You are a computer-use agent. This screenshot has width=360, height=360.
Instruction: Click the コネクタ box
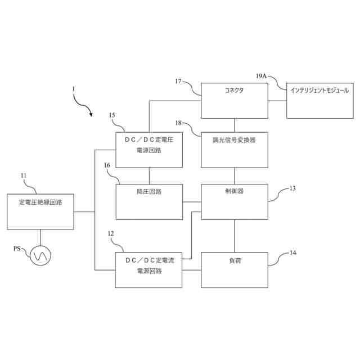point(235,101)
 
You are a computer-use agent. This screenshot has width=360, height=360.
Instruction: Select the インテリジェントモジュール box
point(319,101)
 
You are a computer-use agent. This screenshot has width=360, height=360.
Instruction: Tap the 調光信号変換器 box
point(235,150)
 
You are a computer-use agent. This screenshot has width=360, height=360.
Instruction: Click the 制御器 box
point(235,201)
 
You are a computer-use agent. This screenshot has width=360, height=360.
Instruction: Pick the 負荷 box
point(235,270)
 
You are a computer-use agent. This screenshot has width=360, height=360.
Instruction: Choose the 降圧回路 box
point(149,201)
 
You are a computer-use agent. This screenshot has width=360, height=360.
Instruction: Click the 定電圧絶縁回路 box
point(40,211)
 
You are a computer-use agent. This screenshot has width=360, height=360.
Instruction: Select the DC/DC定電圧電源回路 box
point(149,150)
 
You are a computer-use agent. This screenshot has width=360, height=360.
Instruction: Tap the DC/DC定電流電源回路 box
point(149,270)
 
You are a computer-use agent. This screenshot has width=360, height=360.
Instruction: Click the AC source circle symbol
point(40,256)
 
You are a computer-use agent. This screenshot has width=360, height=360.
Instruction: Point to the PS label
point(18,248)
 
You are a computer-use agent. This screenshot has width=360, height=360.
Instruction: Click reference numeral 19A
point(262,75)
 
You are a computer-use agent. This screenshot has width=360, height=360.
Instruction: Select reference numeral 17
point(178,82)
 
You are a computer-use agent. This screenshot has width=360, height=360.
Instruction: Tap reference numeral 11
point(24,175)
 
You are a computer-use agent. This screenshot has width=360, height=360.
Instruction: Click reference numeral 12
point(110,233)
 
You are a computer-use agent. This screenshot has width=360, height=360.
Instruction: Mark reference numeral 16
point(107,165)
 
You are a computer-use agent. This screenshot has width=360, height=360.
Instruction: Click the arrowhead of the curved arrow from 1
point(90,115)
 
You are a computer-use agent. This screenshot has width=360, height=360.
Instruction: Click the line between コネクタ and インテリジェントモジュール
point(277,101)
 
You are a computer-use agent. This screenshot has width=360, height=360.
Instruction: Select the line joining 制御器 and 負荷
point(235,236)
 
